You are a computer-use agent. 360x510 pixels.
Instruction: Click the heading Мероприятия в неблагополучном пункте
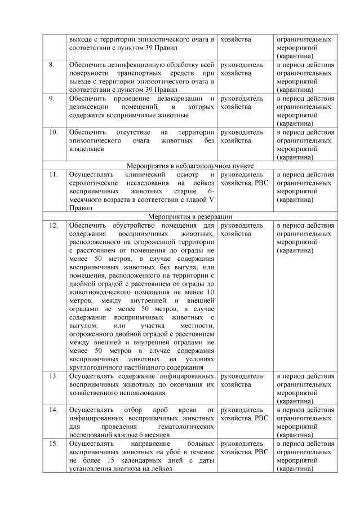click(x=190, y=166)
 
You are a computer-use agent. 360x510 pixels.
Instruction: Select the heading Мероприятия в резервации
click(x=190, y=216)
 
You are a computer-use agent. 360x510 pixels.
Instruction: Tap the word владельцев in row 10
click(x=87, y=149)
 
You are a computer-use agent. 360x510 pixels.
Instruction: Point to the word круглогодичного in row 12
click(x=96, y=368)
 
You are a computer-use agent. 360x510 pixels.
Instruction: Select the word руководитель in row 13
click(x=242, y=376)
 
